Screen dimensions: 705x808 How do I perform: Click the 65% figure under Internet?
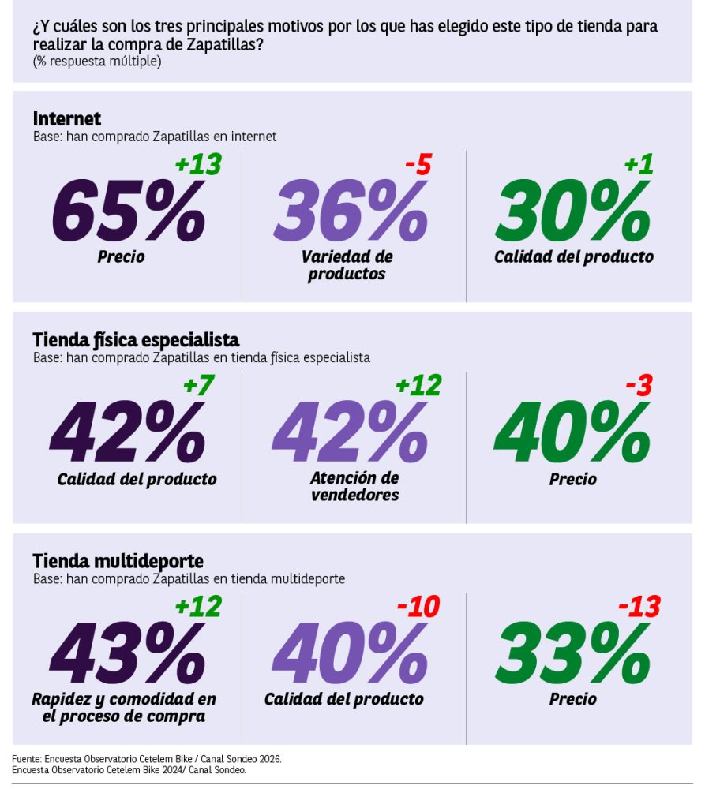[x=129, y=210]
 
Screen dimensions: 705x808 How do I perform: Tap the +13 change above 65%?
[x=199, y=164]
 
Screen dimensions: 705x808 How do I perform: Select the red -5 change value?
[x=418, y=164]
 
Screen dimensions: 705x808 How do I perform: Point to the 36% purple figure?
[x=351, y=210]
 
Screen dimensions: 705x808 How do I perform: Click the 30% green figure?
[x=573, y=210]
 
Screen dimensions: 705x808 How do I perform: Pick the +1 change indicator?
[x=639, y=164]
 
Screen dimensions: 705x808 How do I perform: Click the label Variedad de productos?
[x=347, y=265]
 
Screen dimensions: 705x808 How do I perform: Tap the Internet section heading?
[x=67, y=118]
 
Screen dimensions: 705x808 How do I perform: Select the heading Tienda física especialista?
[x=136, y=340]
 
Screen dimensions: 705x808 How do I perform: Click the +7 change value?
[x=199, y=385]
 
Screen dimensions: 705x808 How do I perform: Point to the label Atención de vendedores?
[x=354, y=486]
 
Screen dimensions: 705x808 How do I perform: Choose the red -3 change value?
[x=639, y=385]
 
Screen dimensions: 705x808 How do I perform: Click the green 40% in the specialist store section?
[x=572, y=432]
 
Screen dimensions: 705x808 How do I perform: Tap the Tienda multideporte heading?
[x=118, y=561]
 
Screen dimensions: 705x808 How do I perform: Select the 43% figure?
[x=128, y=653]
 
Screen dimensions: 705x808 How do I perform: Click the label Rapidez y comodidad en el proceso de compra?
[x=124, y=708]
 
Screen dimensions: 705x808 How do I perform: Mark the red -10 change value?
[x=418, y=607]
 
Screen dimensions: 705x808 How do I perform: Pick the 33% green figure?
[x=573, y=653]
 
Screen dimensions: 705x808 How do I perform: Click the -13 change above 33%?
[x=639, y=607]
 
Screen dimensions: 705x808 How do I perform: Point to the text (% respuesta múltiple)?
[x=97, y=62]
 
